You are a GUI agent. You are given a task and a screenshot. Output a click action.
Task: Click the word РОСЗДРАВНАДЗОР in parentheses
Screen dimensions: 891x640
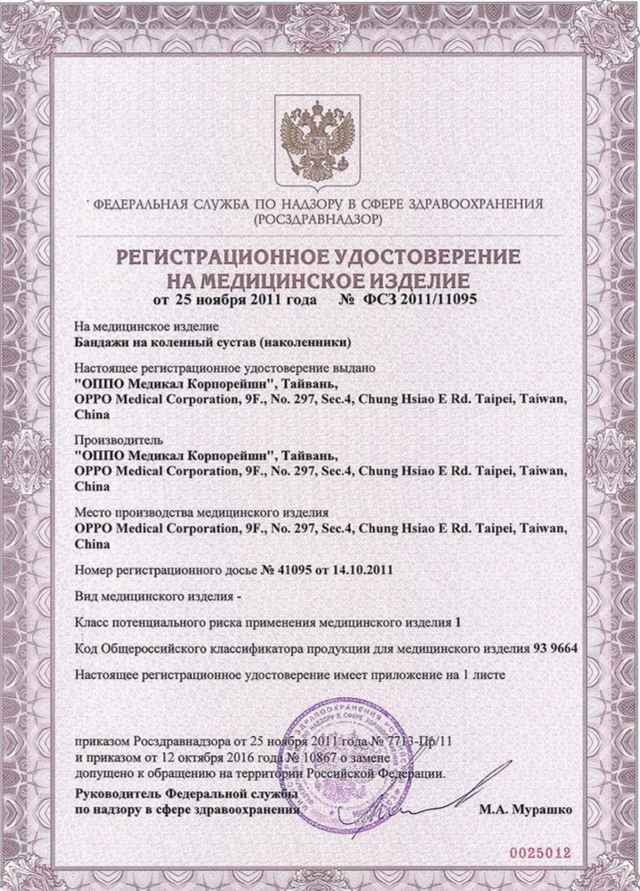click(318, 220)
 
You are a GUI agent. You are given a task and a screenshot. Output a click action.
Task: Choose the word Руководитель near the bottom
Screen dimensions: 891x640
click(112, 792)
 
